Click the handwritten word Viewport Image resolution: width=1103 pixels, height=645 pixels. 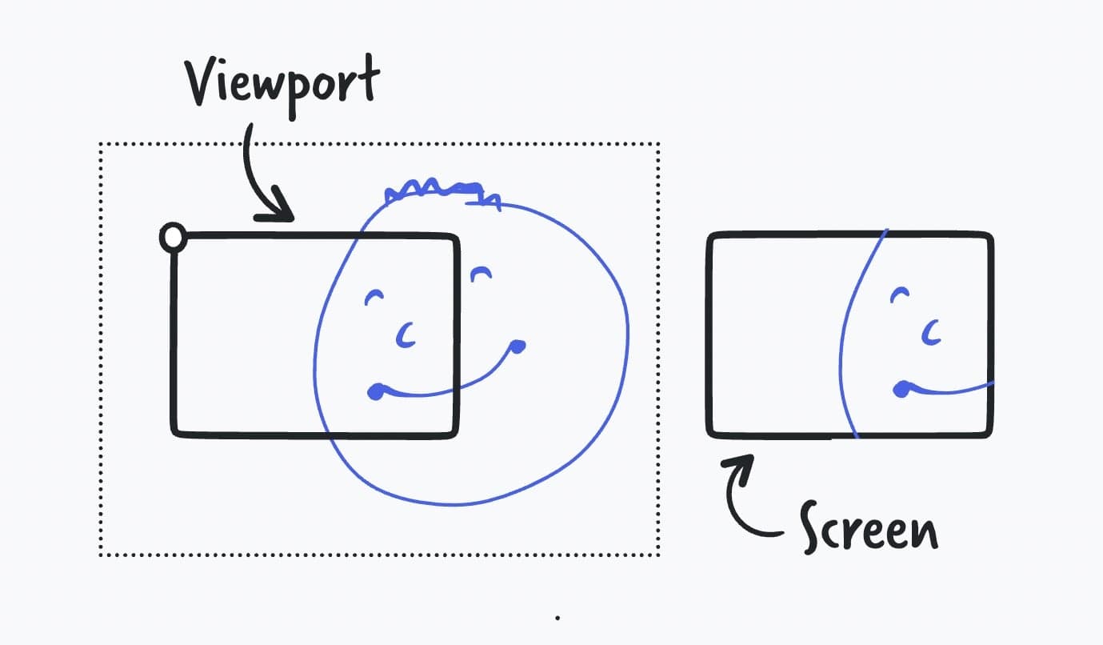282,85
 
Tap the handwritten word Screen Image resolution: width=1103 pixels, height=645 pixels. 869,527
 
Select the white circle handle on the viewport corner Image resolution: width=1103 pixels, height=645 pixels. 174,238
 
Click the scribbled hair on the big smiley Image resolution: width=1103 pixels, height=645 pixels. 442,193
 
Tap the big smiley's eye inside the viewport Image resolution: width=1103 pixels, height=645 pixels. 374,297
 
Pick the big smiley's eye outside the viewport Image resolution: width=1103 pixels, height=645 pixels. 481,274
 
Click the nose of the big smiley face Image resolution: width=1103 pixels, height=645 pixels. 406,335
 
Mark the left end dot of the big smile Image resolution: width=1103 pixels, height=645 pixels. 376,392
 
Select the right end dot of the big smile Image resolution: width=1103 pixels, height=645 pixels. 517,347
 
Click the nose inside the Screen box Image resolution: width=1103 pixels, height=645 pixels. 931,332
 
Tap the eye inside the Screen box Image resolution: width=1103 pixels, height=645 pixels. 900,294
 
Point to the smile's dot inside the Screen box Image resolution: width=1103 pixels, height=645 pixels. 901,389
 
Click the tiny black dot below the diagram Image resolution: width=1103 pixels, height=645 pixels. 557,618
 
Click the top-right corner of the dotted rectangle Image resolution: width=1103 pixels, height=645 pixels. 658,144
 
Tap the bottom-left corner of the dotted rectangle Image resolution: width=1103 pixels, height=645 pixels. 101,555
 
